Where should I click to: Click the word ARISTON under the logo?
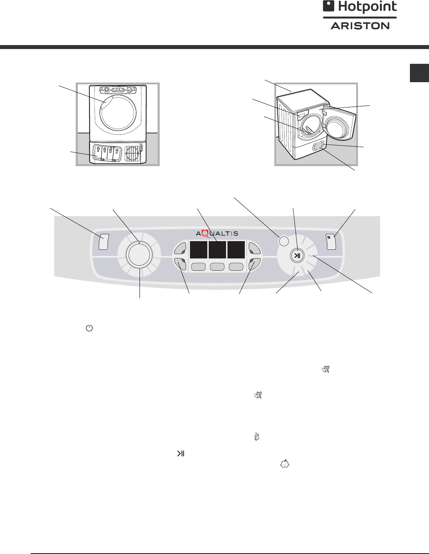(x=360, y=26)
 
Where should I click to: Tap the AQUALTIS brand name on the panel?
(x=217, y=233)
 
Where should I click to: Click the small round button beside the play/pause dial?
(x=284, y=240)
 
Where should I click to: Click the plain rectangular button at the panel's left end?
(x=103, y=242)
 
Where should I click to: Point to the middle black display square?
(x=217, y=250)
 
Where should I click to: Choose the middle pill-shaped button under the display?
(x=217, y=267)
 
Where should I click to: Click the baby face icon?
(x=285, y=464)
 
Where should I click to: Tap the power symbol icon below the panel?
(x=89, y=328)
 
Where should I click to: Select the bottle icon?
(x=257, y=437)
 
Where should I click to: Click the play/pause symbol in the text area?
(x=180, y=454)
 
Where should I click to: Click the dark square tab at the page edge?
(x=419, y=73)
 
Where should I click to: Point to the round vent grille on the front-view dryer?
(x=132, y=154)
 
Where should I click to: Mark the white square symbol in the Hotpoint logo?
(x=328, y=6)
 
